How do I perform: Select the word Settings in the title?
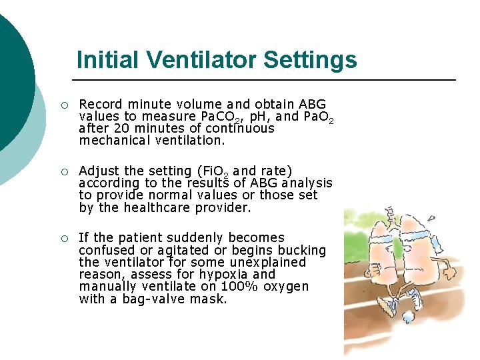point(310,60)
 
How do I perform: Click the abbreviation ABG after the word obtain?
point(313,104)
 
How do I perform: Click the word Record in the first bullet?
point(101,104)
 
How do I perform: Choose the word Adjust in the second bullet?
point(99,171)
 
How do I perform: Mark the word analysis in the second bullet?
point(308,183)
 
